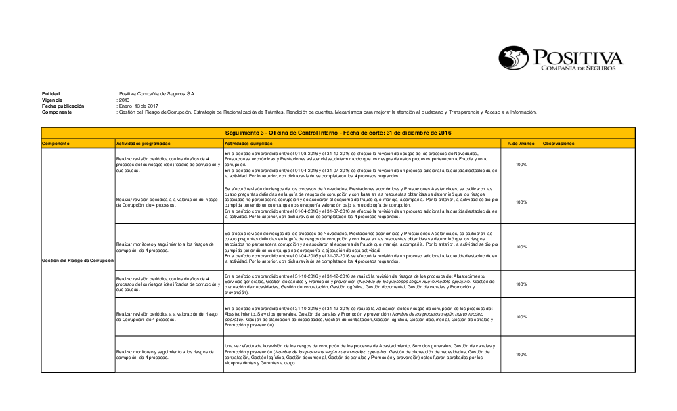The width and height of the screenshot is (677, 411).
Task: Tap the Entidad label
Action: tap(51, 93)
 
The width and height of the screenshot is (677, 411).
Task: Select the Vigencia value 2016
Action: tap(124, 100)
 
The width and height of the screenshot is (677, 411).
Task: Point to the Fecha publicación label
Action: tap(63, 106)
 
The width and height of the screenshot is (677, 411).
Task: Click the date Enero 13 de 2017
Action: tap(139, 106)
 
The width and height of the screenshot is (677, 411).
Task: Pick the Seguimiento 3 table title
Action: tap(338, 133)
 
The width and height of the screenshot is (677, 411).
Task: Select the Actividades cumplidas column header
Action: tap(246, 144)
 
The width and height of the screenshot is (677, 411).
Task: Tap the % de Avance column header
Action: tap(521, 144)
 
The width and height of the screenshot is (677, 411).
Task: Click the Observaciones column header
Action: tap(559, 144)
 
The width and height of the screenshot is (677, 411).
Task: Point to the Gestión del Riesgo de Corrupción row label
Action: tap(77, 260)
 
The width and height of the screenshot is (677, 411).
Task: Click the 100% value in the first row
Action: tap(521, 165)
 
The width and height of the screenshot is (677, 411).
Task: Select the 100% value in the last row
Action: tap(521, 354)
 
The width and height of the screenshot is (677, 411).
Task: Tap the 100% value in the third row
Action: tap(521, 247)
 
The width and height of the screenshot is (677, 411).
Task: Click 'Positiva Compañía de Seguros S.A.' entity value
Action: tap(157, 93)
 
